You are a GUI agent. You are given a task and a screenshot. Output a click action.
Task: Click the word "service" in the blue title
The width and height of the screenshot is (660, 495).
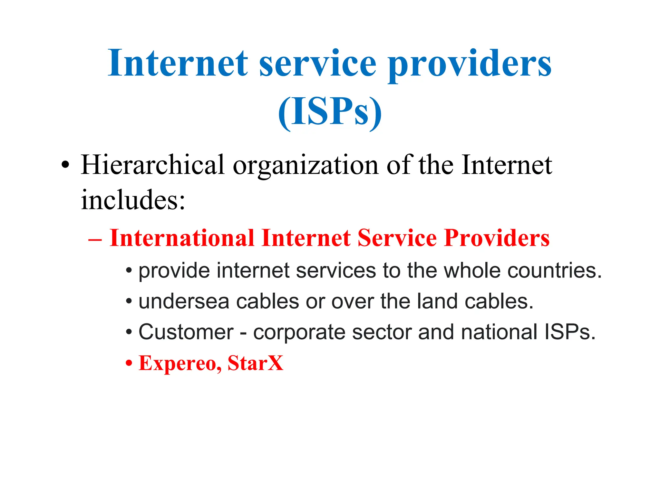[x=317, y=63]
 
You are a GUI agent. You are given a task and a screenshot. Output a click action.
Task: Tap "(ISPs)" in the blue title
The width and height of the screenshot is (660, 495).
[x=330, y=112]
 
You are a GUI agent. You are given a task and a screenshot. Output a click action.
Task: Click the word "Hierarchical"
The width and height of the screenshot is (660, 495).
[x=153, y=165]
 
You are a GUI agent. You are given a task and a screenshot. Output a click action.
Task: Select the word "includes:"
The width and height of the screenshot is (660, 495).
[x=133, y=200]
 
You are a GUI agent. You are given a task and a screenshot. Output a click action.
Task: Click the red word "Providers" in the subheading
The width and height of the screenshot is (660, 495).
[x=497, y=238]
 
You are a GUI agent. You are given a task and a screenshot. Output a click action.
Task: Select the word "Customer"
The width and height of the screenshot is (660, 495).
[x=186, y=332]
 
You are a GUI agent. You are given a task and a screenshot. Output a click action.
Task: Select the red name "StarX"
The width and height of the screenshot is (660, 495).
[x=255, y=363]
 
